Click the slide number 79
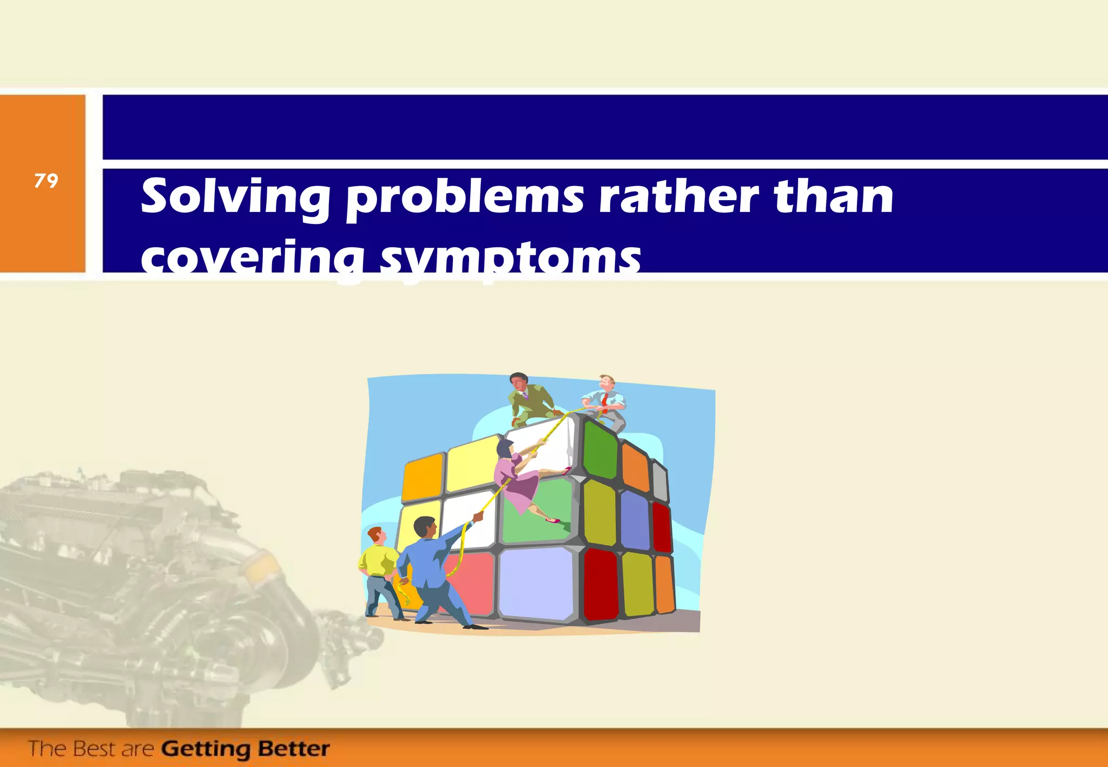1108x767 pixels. tap(46, 181)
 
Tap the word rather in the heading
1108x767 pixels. tap(678, 197)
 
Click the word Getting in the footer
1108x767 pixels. tap(206, 749)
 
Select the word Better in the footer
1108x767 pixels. tap(294, 749)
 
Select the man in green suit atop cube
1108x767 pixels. tap(527, 398)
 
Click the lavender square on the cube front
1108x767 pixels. tap(536, 584)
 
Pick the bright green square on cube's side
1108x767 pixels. tap(600, 451)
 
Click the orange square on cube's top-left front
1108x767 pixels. tap(423, 477)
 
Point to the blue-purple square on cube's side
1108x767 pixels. tap(634, 519)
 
